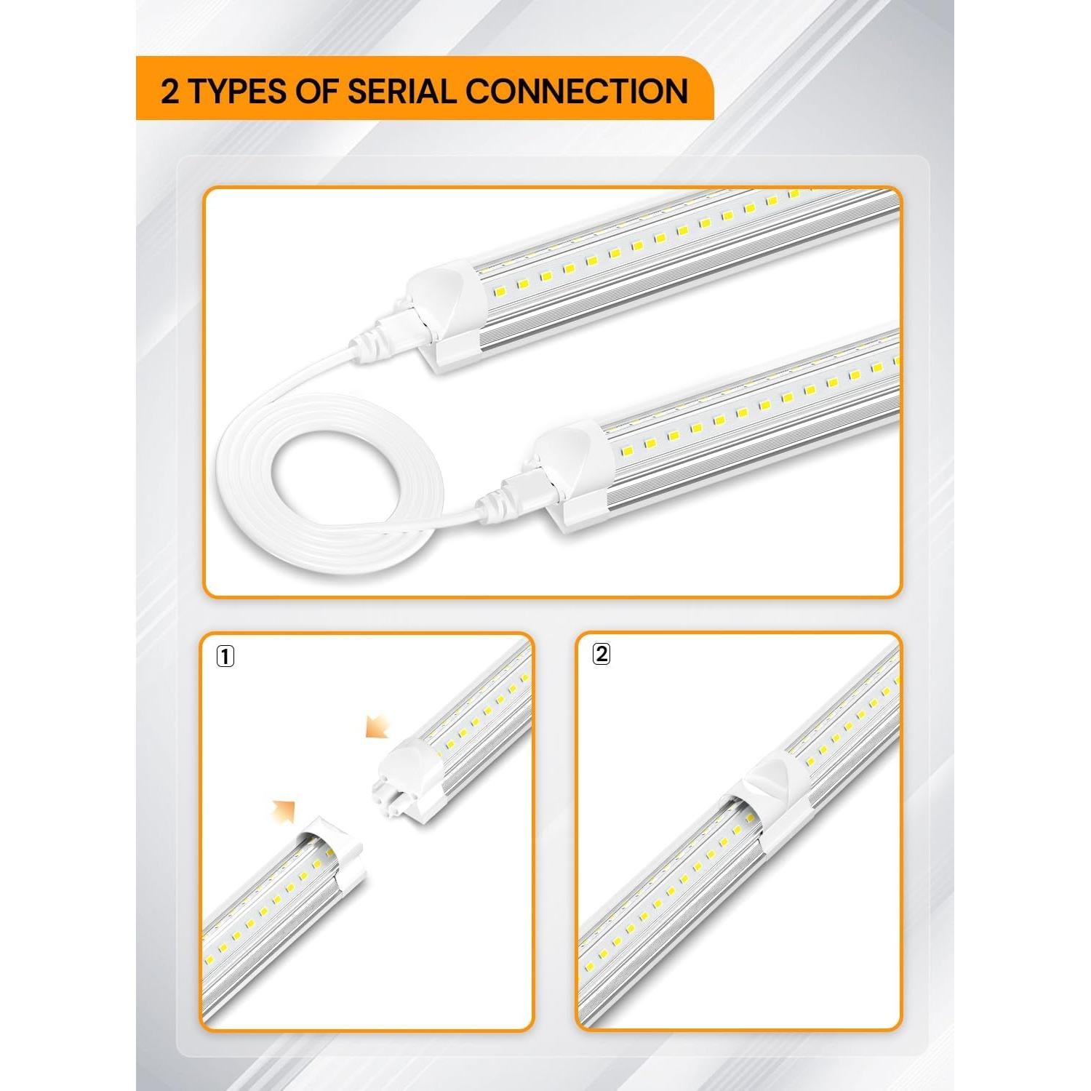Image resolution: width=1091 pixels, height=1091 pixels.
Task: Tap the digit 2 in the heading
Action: (169, 92)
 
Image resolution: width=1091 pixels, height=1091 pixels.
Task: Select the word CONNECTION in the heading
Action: (577, 92)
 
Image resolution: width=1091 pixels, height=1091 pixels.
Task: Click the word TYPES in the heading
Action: (238, 92)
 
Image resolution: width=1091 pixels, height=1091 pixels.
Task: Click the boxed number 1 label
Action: (225, 657)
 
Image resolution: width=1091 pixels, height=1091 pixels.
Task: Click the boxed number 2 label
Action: (601, 654)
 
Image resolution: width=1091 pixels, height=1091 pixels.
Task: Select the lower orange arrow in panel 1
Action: (284, 810)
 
